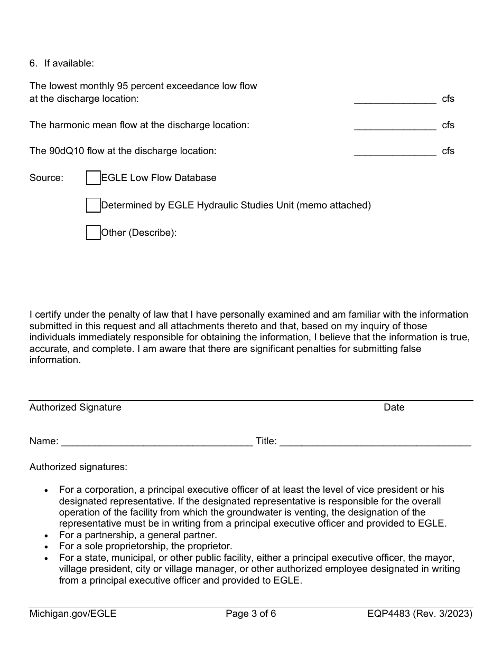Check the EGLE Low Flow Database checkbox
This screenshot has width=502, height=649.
click(x=93, y=178)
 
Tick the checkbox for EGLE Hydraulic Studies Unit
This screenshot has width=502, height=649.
click(x=93, y=206)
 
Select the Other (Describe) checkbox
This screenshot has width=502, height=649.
click(x=93, y=233)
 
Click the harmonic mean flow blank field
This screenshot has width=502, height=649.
click(x=395, y=126)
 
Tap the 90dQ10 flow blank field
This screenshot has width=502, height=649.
click(x=395, y=152)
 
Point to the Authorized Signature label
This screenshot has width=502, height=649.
click(x=75, y=407)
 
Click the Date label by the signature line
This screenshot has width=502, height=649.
click(x=394, y=407)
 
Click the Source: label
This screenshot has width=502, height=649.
click(x=47, y=178)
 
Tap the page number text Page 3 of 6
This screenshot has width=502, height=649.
click(x=251, y=614)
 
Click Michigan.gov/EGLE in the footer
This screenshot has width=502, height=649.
click(x=73, y=614)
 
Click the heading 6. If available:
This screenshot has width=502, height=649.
click(x=61, y=63)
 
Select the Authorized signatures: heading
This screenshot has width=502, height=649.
click(x=78, y=467)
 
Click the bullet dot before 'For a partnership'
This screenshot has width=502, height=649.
click(x=48, y=536)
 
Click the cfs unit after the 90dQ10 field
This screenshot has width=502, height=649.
click(x=448, y=151)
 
